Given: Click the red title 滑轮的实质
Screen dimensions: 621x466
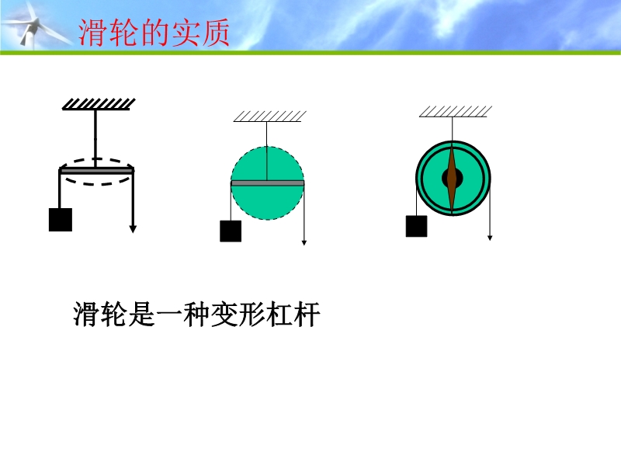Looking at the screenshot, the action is (x=154, y=33).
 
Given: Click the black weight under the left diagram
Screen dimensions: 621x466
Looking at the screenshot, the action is (x=61, y=220).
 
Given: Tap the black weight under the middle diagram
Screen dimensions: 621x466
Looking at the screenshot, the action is (x=231, y=231).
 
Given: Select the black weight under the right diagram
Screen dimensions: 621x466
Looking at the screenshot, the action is (x=416, y=226).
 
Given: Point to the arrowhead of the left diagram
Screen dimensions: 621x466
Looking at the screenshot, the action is (x=133, y=229).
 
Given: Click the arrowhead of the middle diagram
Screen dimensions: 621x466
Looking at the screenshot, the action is (x=304, y=243).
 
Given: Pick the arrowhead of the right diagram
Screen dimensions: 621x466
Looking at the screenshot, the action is (x=490, y=238).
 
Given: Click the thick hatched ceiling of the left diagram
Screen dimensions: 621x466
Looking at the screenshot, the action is (x=99, y=104).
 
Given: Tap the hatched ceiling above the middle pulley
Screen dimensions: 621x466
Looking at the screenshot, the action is (x=269, y=116).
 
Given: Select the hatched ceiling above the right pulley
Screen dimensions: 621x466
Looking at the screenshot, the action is (x=456, y=112).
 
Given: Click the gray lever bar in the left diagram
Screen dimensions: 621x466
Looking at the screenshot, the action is (x=96, y=171).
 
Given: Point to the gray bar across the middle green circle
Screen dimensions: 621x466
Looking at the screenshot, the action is (x=267, y=183).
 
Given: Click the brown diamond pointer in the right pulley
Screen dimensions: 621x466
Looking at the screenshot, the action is (x=453, y=179).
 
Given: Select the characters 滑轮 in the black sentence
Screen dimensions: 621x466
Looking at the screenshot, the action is (x=100, y=315).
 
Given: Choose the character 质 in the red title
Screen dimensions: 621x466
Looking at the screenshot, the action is (x=215, y=33).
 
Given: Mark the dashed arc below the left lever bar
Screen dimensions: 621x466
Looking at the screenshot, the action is (x=98, y=182).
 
